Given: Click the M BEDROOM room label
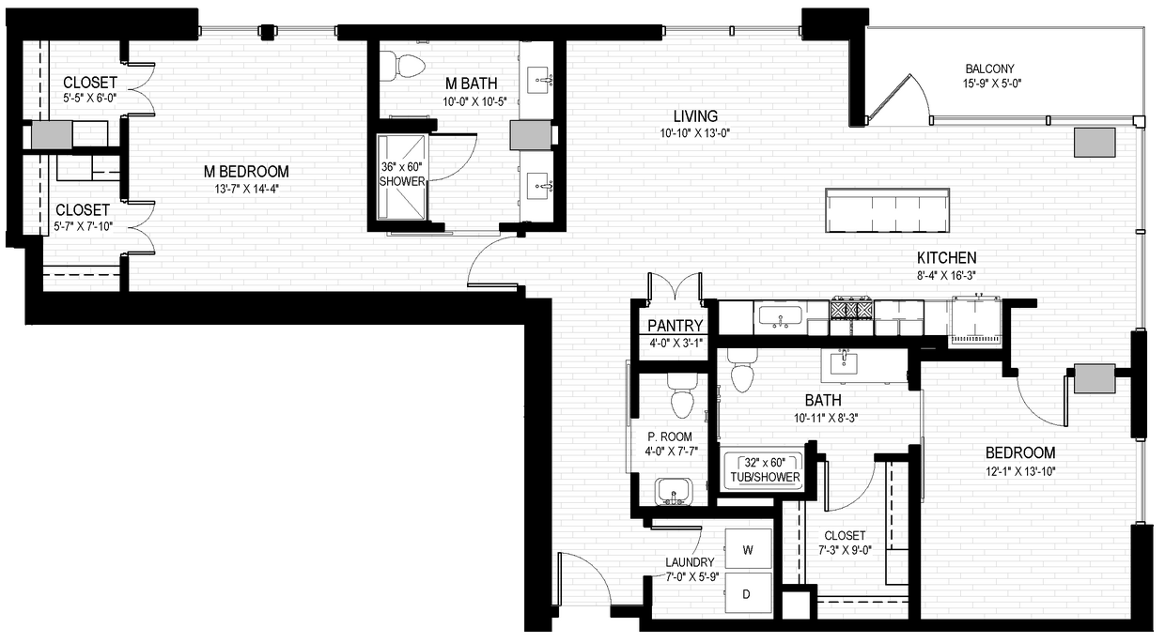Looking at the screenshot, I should (x=247, y=172).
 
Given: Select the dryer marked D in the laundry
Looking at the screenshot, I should (x=747, y=593).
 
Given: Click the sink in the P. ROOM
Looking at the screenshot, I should (x=673, y=491).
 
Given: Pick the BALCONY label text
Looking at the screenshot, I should (x=992, y=69).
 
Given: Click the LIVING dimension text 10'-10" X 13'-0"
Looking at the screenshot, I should (x=694, y=132).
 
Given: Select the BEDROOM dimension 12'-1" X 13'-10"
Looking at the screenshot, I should (x=1019, y=471).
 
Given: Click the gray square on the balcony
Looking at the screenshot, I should (x=1095, y=142).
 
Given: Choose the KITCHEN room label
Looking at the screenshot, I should (x=947, y=258).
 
